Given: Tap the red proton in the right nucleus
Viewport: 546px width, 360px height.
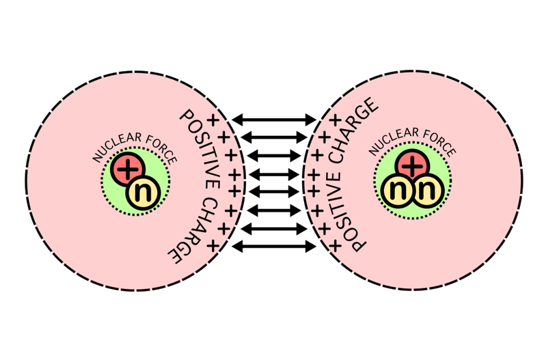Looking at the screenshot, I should point(411,166).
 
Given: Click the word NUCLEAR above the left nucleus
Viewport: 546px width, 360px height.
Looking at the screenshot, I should point(117,148).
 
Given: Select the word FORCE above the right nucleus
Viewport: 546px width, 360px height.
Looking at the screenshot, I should point(436,146).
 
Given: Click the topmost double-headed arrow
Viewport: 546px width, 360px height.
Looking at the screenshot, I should point(273,120).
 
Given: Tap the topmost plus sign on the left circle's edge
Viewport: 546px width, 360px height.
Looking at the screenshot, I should point(213,121).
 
